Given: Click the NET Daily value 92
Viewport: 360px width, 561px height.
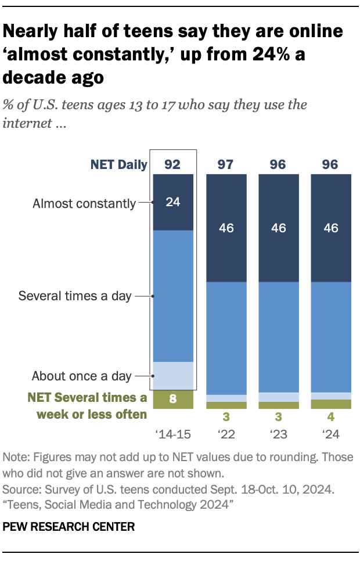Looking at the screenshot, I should [172, 165].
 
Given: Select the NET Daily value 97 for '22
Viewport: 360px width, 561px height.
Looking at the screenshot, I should [226, 165].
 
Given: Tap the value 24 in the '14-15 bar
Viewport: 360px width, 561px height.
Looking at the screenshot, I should [172, 203].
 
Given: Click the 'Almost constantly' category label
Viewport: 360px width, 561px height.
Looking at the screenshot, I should [84, 203].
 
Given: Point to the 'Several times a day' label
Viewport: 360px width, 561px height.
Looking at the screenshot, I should [75, 296].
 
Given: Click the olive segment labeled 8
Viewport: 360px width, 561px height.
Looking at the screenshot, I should [172, 399].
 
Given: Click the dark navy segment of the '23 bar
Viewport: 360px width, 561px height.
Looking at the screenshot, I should [279, 228].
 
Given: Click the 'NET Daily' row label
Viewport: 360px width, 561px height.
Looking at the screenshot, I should [118, 165].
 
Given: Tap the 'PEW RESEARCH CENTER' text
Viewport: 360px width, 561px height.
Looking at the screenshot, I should [69, 527].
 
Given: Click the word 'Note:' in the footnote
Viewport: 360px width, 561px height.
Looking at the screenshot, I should [17, 457].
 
